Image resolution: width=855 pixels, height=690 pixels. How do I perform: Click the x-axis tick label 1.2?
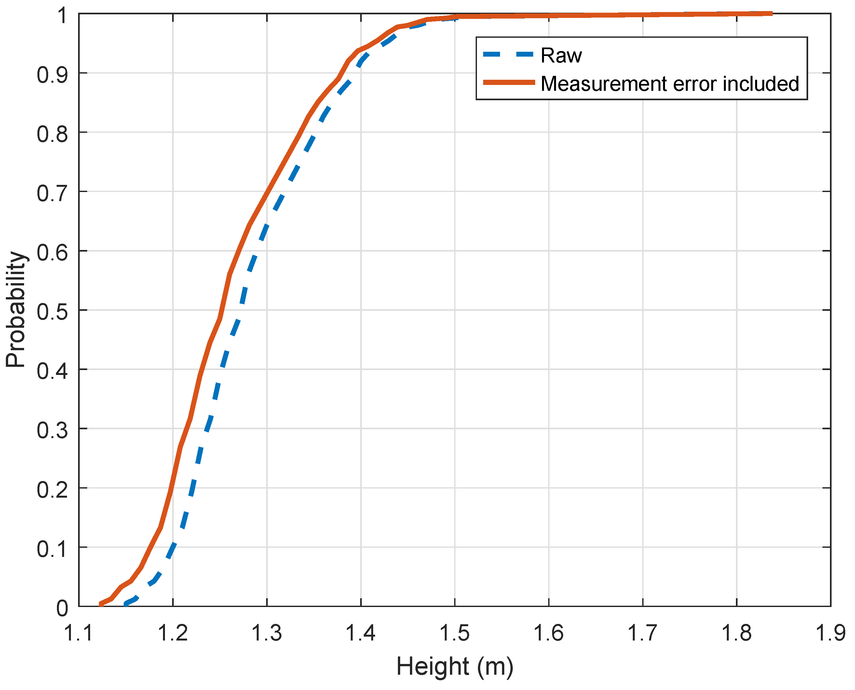(x=172, y=633)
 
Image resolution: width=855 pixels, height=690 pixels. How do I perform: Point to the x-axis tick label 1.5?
(x=455, y=633)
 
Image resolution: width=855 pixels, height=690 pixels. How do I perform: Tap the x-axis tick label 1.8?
(x=737, y=633)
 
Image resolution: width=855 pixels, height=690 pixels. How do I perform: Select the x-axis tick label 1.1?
(x=79, y=633)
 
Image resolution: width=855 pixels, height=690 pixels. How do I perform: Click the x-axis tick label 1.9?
(x=830, y=633)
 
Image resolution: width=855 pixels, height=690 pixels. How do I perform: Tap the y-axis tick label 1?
(x=62, y=16)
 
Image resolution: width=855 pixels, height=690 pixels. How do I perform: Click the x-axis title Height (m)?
(x=455, y=667)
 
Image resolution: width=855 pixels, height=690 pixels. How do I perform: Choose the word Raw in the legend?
(x=561, y=55)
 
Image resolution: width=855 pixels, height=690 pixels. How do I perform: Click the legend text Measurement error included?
(x=670, y=84)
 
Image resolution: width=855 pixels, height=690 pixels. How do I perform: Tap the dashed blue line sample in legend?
(x=508, y=54)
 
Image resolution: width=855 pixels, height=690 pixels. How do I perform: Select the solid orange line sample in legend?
(x=509, y=82)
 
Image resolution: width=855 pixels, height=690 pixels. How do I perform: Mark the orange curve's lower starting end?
(x=101, y=604)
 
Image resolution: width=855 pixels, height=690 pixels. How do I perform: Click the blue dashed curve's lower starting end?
(x=126, y=604)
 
